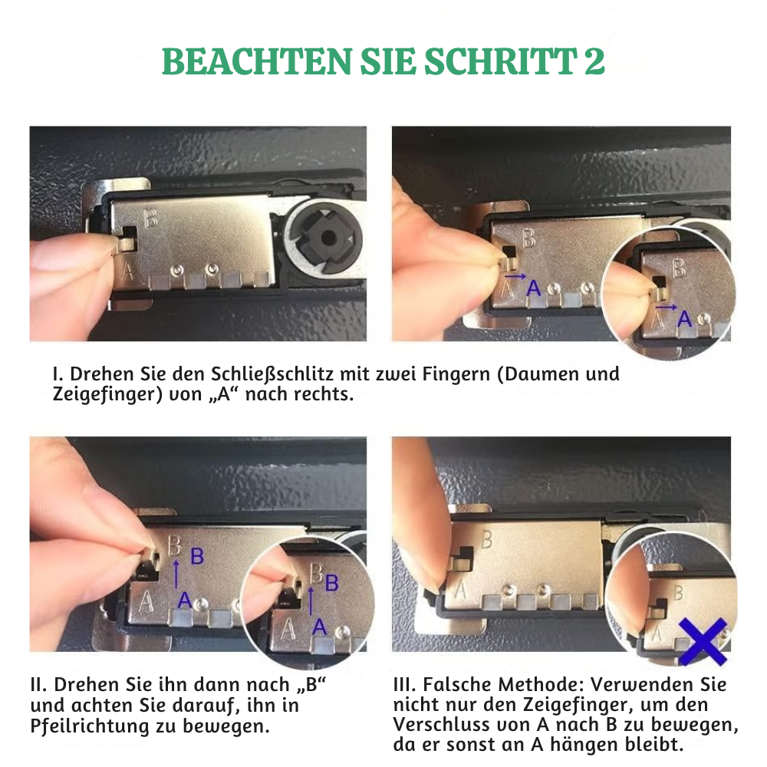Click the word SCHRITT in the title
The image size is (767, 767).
click(x=491, y=63)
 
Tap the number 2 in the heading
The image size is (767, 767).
click(x=594, y=63)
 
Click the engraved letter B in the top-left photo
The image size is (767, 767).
click(x=151, y=219)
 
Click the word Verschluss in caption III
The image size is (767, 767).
click(x=446, y=725)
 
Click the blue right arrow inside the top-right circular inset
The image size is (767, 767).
click(x=667, y=307)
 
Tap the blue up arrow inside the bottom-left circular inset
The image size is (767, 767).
click(x=311, y=602)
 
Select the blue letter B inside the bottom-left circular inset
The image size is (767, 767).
click(x=331, y=584)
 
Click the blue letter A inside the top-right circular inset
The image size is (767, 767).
click(x=684, y=318)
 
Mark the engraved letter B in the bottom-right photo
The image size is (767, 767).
click(x=486, y=539)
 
